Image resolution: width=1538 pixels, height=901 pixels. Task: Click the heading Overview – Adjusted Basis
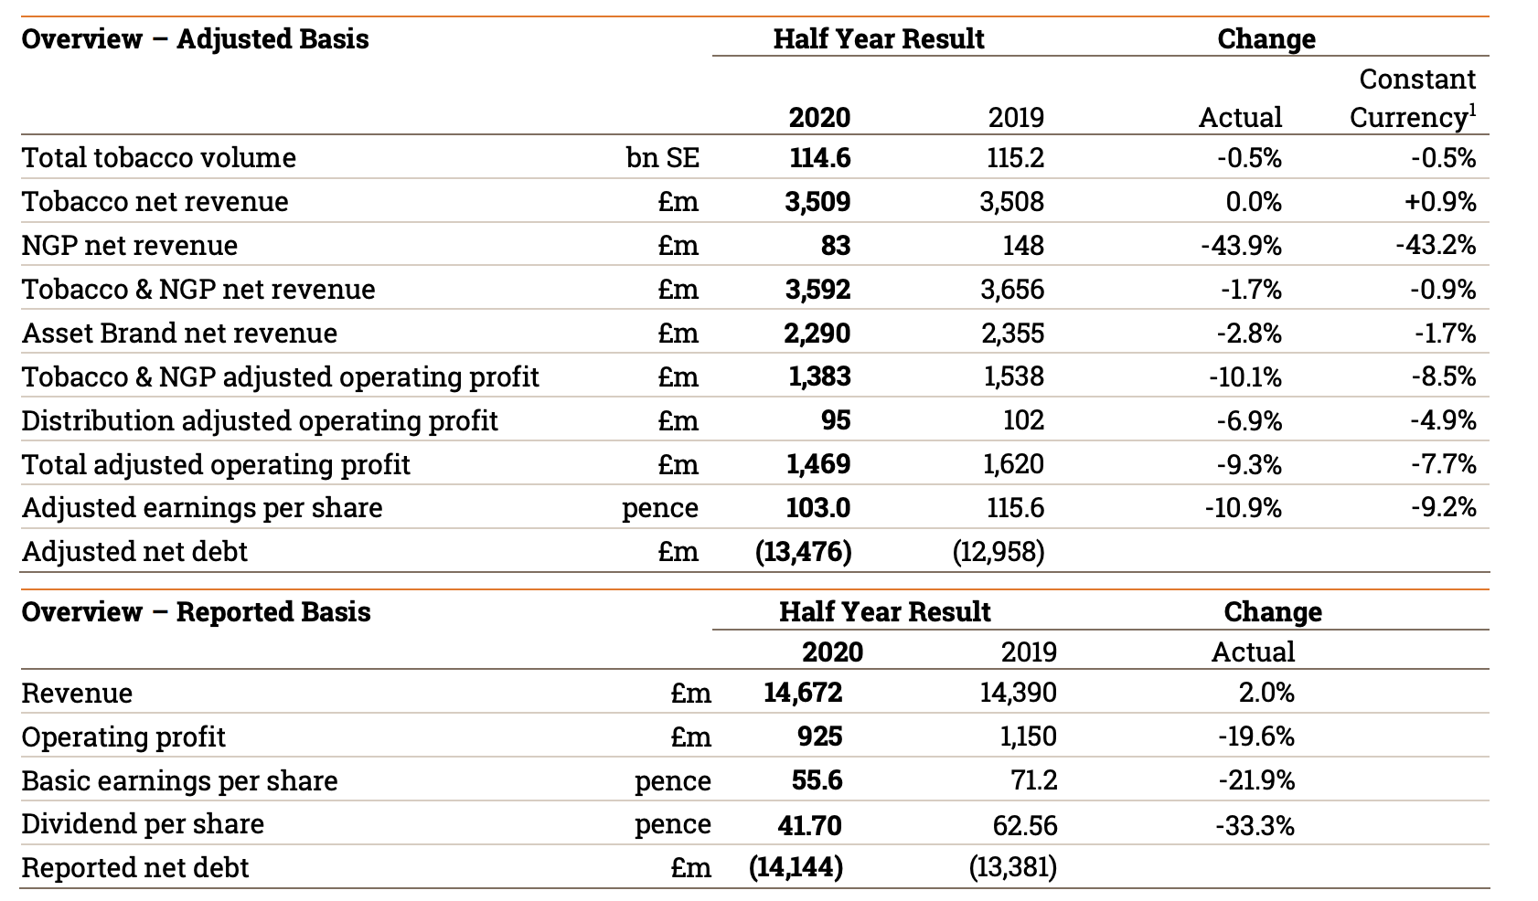(x=195, y=39)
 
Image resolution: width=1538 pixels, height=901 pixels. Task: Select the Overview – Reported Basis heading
(x=196, y=611)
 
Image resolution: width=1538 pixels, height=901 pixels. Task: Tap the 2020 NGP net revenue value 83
(x=835, y=245)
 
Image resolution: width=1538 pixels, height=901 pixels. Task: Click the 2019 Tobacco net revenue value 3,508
(x=1011, y=201)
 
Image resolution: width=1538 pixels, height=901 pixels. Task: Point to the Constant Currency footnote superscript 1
(x=1472, y=109)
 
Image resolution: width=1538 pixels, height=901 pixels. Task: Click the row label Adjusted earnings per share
(x=202, y=507)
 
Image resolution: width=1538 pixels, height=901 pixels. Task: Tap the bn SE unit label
(x=662, y=157)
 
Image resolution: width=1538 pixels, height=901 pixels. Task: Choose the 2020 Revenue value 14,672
(x=803, y=693)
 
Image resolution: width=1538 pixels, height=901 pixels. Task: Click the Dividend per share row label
(x=143, y=823)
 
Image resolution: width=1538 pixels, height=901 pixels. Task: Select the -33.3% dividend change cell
(x=1255, y=825)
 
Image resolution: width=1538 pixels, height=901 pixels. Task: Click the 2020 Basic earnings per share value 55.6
(x=817, y=780)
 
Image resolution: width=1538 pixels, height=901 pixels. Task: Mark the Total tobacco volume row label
(x=159, y=157)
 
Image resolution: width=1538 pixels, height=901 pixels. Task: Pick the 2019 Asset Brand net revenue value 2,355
(x=1012, y=333)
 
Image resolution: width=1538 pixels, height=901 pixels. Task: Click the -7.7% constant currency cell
(x=1443, y=464)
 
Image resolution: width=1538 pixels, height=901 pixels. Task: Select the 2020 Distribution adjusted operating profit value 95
(x=835, y=420)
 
